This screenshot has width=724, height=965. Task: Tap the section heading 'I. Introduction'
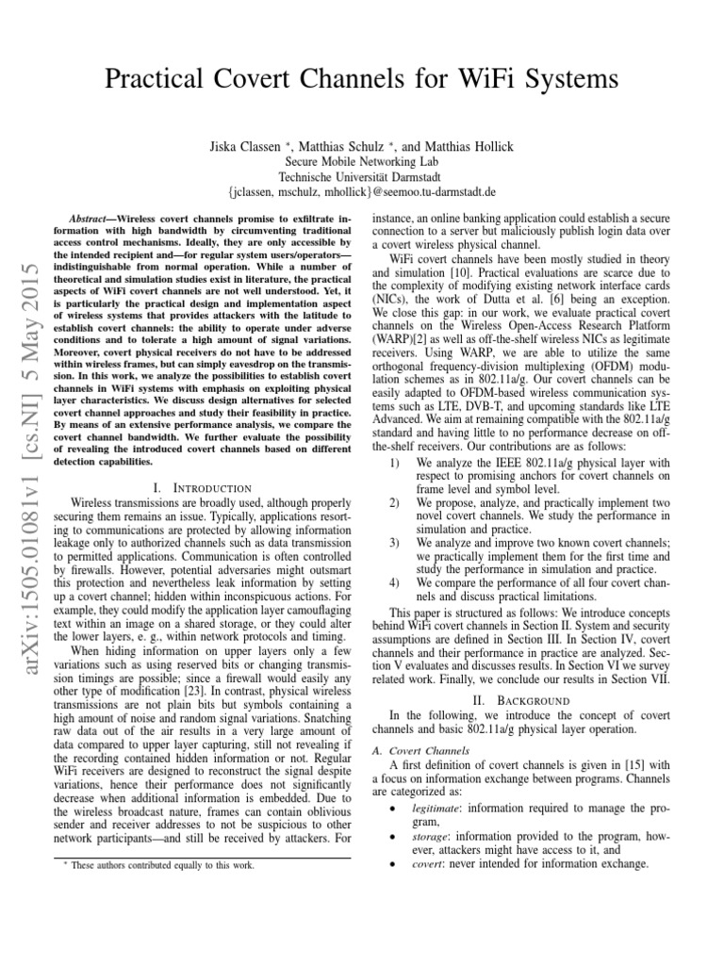[x=201, y=487]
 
